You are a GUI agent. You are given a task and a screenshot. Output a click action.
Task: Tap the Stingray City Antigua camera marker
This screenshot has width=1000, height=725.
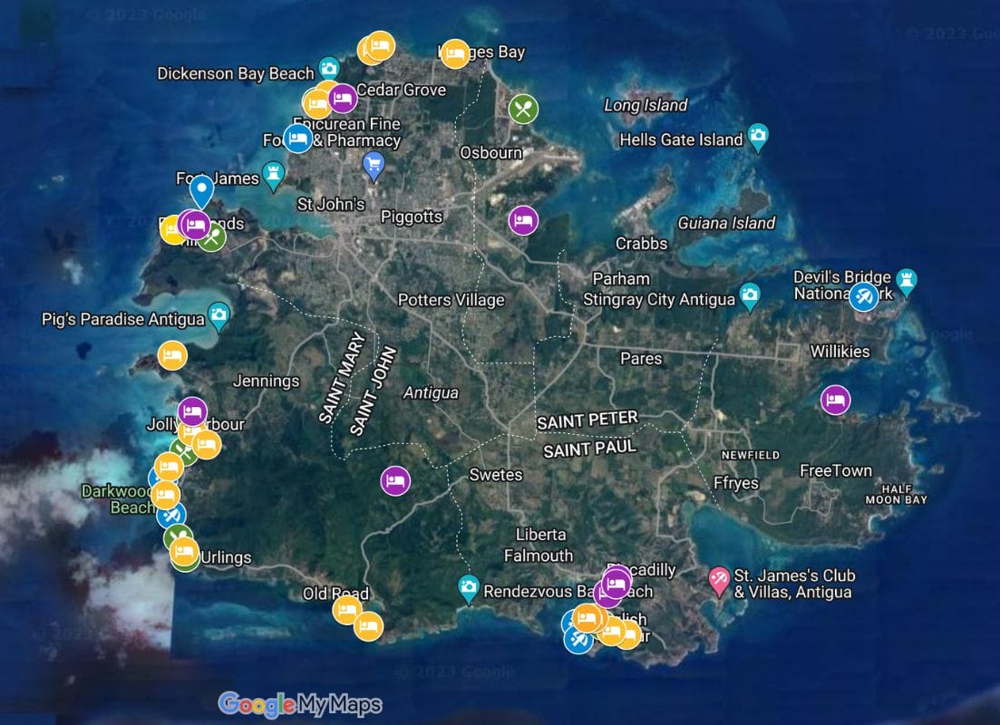coord(749,295)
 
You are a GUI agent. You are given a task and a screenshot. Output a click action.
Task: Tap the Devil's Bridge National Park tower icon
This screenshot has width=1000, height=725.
coord(906,279)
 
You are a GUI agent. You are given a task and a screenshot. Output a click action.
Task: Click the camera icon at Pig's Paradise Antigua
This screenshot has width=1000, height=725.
coord(218,315)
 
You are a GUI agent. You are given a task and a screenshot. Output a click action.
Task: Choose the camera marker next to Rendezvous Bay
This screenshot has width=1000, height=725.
coord(468,587)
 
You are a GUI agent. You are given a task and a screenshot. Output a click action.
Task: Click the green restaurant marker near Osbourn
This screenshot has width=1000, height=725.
coord(523,110)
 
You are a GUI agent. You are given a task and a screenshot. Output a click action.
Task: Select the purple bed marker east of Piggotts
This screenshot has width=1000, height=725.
coord(523,220)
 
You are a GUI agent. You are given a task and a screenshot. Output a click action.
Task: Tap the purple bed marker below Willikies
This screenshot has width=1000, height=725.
coord(835,400)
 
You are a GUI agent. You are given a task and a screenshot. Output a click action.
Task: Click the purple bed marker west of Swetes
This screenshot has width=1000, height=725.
coord(394,480)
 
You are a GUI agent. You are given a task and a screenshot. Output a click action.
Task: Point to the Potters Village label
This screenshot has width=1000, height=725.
coord(451,300)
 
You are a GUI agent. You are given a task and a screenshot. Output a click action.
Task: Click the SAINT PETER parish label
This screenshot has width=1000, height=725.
coord(587,420)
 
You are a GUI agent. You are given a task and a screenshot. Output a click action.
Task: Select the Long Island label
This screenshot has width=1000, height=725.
coord(646,105)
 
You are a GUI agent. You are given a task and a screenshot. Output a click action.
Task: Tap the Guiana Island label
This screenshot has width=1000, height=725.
coord(726,223)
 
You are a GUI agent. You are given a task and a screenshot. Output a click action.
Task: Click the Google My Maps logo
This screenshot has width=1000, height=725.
coord(300,704)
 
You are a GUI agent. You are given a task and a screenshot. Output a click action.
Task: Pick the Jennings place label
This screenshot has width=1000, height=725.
coord(266,382)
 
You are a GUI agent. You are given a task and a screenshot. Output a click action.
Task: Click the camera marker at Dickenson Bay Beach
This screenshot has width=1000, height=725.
coord(328,68)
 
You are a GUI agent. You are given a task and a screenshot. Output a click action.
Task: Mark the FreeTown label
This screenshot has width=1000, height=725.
coord(835,470)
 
